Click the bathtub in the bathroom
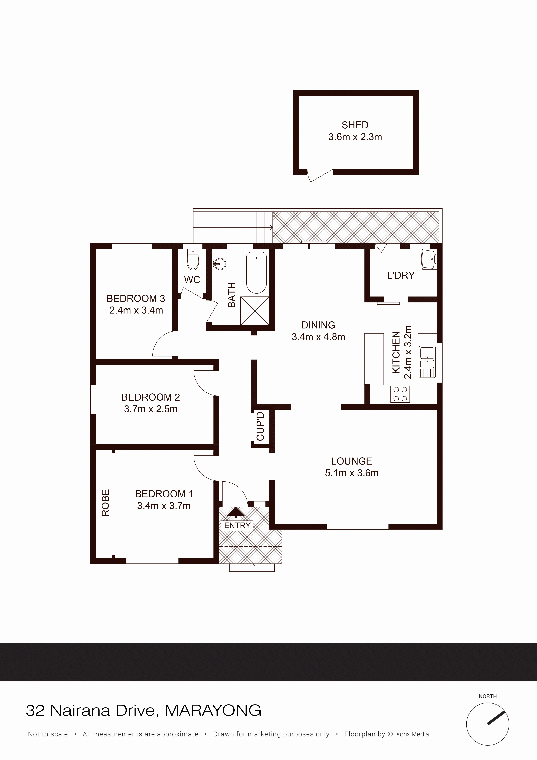coord(256,273)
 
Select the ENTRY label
coord(237,525)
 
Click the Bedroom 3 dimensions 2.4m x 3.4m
coord(136,311)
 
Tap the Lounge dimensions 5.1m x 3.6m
coord(352,473)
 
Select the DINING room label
coord(318,325)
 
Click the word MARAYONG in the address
coord(213,711)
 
